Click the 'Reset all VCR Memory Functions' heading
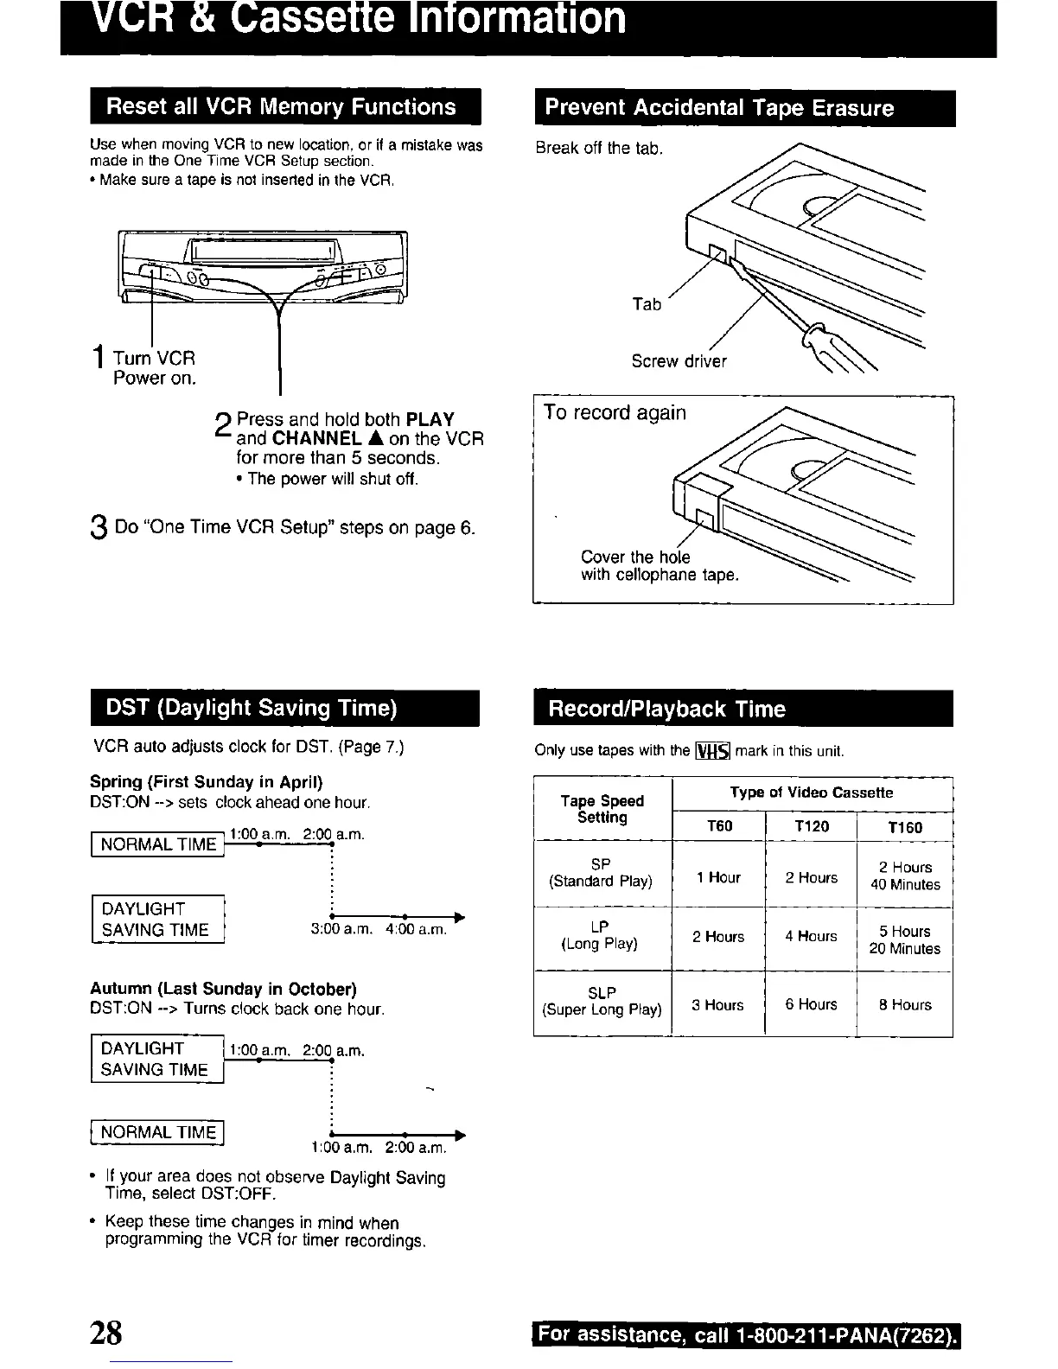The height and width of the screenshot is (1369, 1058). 281,107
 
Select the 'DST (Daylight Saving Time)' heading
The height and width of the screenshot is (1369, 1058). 251,709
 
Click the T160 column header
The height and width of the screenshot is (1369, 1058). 905,827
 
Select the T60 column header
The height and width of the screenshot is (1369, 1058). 719,826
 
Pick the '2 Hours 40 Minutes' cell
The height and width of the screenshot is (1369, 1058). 905,876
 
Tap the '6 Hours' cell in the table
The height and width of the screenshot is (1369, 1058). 811,1004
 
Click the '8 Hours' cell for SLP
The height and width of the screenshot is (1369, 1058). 905,1005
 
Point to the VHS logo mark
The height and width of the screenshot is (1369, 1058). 713,751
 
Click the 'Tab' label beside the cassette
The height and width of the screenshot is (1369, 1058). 647,304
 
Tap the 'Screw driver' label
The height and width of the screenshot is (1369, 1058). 679,361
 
